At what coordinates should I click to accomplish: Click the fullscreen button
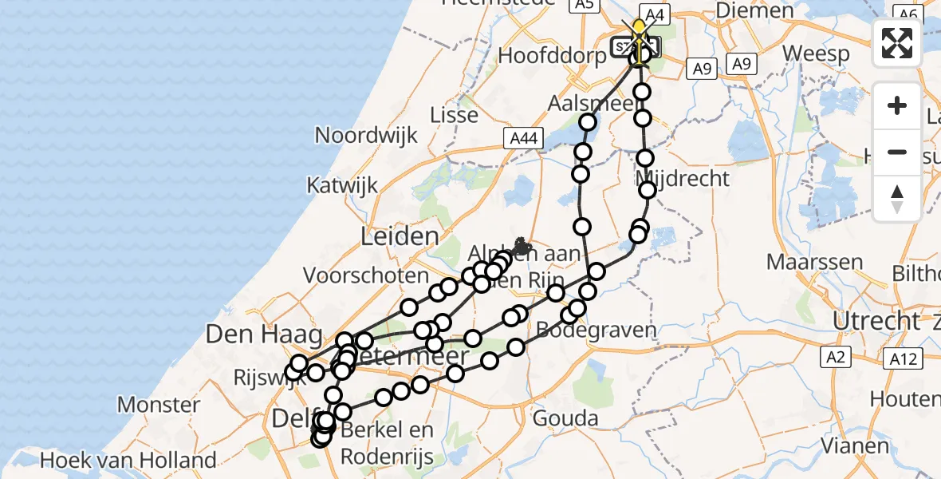click(897, 42)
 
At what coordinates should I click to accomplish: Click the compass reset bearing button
click(897, 199)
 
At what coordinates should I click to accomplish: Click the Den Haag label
click(252, 334)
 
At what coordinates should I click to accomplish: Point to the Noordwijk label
click(366, 135)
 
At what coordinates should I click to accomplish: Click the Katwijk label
click(342, 186)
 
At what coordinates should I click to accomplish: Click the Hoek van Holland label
click(128, 460)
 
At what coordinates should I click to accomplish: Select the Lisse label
click(454, 115)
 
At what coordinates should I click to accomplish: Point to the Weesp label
click(814, 53)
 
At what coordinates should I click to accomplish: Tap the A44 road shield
click(523, 139)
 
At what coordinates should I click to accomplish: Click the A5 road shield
click(584, 6)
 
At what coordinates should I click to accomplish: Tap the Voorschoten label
click(366, 275)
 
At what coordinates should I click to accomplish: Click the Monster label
click(159, 405)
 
